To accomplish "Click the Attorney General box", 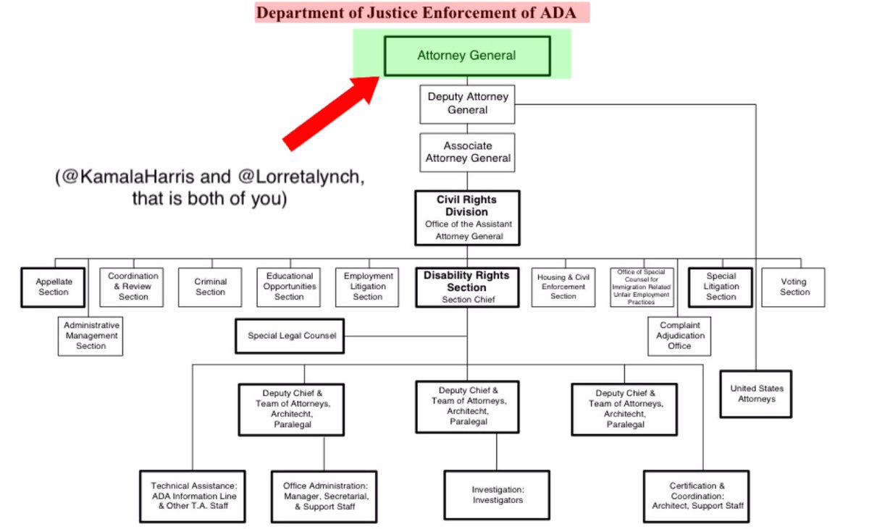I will coord(466,56).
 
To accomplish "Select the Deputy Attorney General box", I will coord(467,103).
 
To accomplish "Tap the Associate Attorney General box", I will coord(467,152).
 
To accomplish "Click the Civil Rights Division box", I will coord(467,218).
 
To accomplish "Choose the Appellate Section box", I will coord(53,287).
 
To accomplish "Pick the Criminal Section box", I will coord(210,287).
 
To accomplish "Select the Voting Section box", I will coord(794,287).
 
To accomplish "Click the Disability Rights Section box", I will coord(467,287).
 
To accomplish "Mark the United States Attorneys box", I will coord(756,394).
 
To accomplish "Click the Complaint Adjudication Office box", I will coord(679,336).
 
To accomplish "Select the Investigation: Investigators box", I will coord(497,495).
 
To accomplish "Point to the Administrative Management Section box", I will coord(91,336).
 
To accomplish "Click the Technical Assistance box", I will coord(193,496).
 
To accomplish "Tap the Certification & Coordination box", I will coord(696,496).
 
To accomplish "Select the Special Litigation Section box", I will coord(721,287).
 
